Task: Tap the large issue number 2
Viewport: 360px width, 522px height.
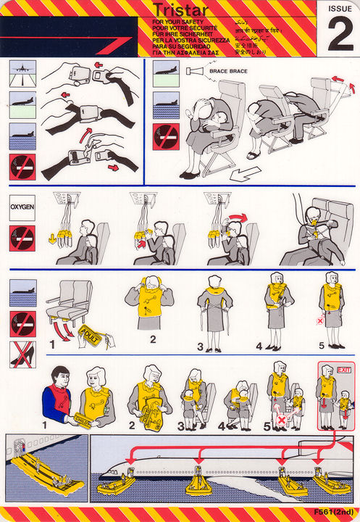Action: pyautogui.click(x=339, y=36)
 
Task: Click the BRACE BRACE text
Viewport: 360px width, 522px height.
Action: pyautogui.click(x=224, y=71)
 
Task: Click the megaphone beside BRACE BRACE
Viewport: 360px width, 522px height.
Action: pyautogui.click(x=194, y=71)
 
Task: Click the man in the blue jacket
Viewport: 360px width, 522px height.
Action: pyautogui.click(x=59, y=397)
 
